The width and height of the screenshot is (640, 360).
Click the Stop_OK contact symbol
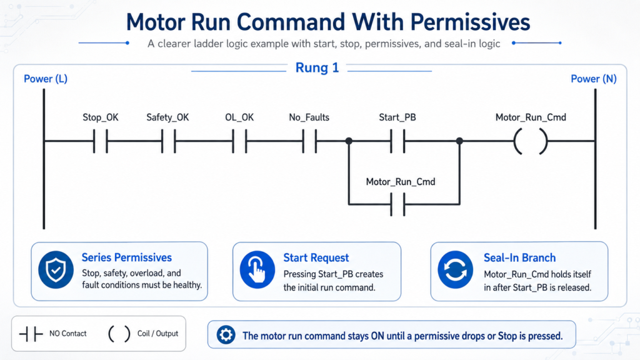[x=101, y=141]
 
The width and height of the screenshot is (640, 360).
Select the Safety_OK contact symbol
[x=169, y=141]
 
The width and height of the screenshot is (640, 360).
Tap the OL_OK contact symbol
[x=239, y=141]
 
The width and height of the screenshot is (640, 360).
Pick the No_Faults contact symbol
[x=309, y=141]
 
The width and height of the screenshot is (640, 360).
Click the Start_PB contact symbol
[x=397, y=141]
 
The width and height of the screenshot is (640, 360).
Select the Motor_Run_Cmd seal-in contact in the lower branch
[x=397, y=204]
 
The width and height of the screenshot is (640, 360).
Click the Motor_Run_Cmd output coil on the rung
[x=531, y=141]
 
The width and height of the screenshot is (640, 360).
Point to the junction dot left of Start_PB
[x=349, y=141]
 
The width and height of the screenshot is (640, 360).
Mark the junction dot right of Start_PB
[x=459, y=141]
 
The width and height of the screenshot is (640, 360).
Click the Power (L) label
[x=45, y=79]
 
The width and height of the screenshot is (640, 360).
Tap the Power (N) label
[x=594, y=79]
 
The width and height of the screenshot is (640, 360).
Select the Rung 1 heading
[x=317, y=67]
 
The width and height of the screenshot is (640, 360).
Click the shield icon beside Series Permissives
[x=56, y=270]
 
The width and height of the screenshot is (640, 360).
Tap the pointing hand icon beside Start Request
[x=257, y=270]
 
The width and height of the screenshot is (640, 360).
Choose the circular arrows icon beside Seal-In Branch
[x=456, y=270]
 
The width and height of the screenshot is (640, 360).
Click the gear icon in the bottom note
[x=226, y=335]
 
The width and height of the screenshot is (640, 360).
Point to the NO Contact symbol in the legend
[x=31, y=334]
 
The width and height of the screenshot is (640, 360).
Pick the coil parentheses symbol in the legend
[x=119, y=334]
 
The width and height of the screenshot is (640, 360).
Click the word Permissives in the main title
[x=470, y=22]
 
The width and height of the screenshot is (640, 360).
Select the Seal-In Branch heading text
[x=519, y=258]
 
